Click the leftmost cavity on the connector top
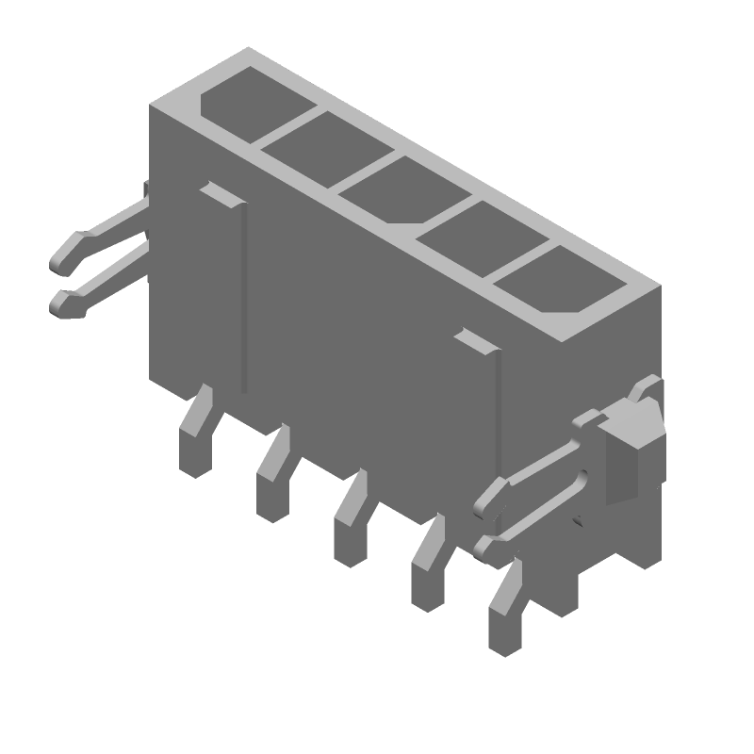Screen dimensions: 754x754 coord(247,99)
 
